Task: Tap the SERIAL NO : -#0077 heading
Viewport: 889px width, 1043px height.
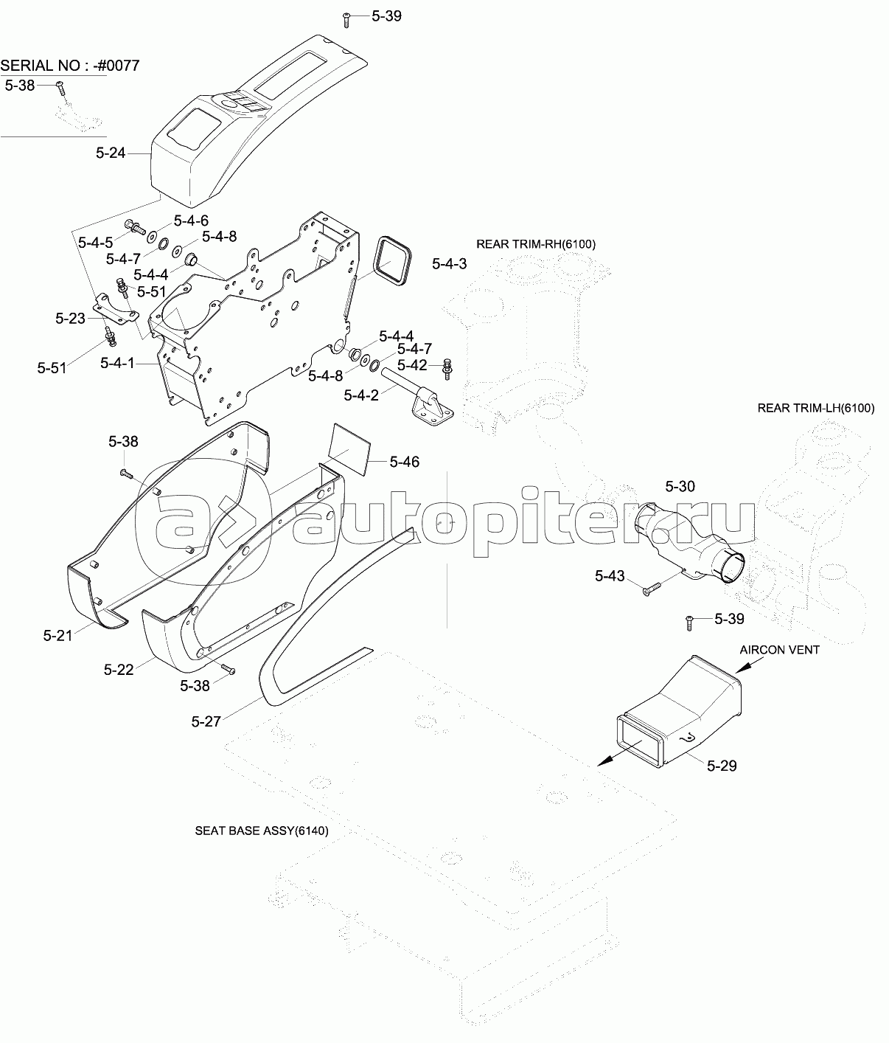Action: [x=70, y=66]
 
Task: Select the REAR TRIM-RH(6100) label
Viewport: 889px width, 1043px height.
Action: [x=536, y=244]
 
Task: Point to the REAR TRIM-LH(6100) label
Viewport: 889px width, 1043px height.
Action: [x=816, y=408]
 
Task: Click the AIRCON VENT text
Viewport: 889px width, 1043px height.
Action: [x=780, y=650]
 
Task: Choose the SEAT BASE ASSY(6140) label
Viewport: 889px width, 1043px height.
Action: [x=262, y=830]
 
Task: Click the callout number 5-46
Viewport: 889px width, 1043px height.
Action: [x=404, y=462]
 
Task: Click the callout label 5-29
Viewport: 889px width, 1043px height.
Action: [x=721, y=766]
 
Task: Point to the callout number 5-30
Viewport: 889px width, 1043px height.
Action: [x=680, y=486]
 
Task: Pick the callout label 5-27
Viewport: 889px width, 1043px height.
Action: [x=206, y=721]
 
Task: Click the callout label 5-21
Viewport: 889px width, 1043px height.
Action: [x=58, y=634]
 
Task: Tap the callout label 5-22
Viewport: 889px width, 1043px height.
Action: [x=119, y=669]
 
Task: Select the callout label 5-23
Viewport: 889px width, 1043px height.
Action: [x=70, y=318]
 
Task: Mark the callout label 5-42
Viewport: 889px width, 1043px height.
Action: [x=412, y=364]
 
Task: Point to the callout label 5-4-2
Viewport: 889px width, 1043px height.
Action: [x=361, y=395]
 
